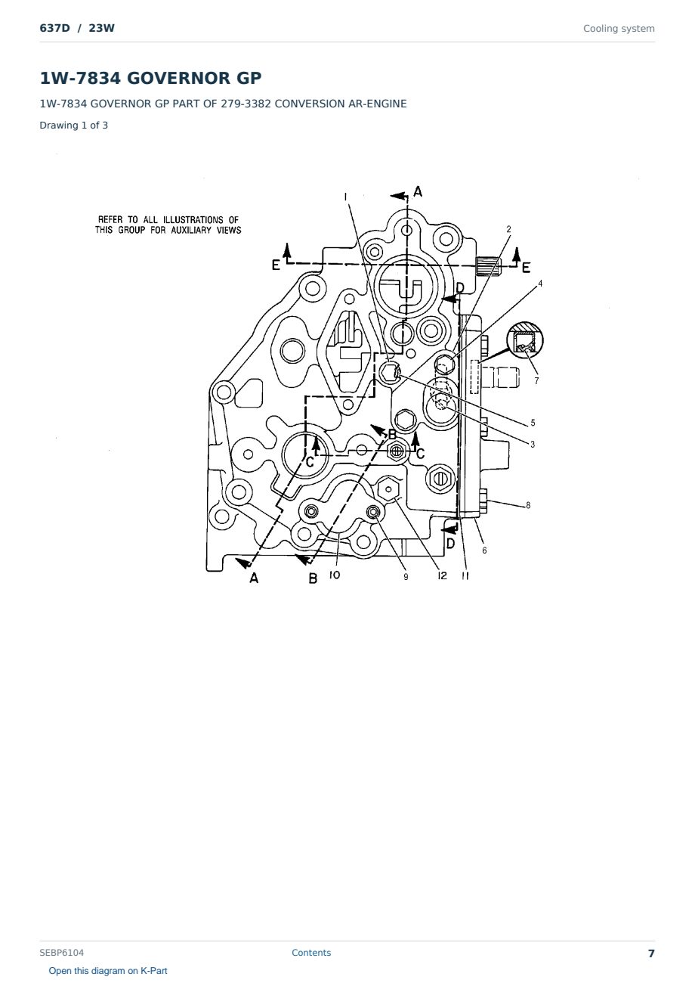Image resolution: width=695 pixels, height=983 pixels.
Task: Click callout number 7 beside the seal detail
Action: tap(536, 381)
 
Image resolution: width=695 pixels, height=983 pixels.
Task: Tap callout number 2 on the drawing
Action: tap(508, 229)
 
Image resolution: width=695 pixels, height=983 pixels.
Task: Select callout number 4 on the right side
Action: tap(540, 284)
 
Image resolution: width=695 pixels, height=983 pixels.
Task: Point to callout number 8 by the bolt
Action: tap(528, 505)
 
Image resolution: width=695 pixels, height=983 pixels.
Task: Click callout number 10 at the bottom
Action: tap(335, 575)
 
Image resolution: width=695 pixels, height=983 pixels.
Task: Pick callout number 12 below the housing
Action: tap(442, 575)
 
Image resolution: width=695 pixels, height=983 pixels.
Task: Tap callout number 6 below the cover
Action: tap(484, 550)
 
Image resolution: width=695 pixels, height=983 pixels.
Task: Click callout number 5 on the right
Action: tap(533, 423)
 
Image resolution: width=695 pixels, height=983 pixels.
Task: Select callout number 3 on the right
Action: tap(533, 444)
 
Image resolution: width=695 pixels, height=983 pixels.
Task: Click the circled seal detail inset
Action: tap(525, 340)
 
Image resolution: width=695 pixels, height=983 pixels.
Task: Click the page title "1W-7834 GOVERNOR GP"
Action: tap(150, 78)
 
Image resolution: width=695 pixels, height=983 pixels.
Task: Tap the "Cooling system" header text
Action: tap(619, 29)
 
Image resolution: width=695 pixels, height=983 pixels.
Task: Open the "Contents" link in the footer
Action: tap(311, 953)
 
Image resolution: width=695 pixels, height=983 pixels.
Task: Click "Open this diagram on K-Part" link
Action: tap(108, 971)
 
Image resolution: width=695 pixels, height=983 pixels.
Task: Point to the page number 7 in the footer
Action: tap(651, 954)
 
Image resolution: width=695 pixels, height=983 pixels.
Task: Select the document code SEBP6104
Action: tap(61, 953)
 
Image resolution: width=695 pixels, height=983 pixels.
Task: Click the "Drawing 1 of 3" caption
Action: tap(74, 125)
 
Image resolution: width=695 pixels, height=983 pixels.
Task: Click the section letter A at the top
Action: tap(418, 192)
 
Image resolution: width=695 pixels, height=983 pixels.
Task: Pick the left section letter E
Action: tap(276, 265)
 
